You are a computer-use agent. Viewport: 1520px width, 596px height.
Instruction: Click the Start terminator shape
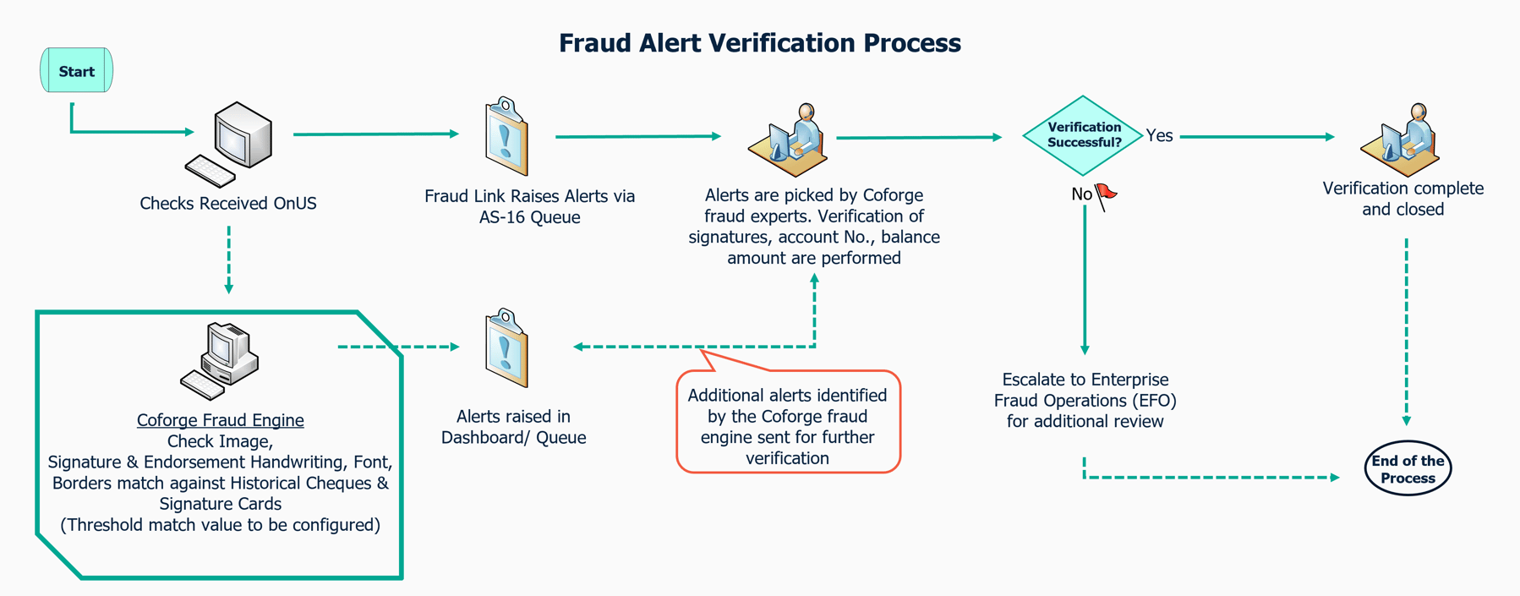pos(76,71)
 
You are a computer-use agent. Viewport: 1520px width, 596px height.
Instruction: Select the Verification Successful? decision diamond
pos(1083,135)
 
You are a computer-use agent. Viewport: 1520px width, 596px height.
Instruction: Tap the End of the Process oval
pos(1408,469)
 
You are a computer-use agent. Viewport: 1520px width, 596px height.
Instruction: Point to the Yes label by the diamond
pos(1160,135)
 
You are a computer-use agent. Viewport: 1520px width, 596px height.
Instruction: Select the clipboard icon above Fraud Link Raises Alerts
pos(506,137)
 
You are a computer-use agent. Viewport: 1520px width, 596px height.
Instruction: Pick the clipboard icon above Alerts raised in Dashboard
pos(506,348)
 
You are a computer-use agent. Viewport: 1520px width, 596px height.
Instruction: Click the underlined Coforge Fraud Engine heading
pos(221,420)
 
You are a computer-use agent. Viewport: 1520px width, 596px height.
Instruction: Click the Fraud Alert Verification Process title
pos(759,43)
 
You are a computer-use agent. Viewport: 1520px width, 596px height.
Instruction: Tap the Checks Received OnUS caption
pos(228,204)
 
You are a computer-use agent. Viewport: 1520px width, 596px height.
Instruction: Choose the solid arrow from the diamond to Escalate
pos(1085,279)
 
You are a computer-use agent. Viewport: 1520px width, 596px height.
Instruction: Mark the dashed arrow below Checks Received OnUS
pos(229,258)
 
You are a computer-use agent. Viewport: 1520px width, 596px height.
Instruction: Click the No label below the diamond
pos(1081,194)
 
